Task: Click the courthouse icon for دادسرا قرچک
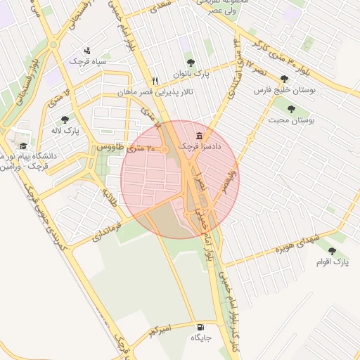(200, 135)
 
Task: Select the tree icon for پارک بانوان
(188, 61)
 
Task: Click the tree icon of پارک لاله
(65, 120)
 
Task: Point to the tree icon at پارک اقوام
(332, 251)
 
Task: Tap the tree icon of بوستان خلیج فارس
(284, 79)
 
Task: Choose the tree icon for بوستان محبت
(291, 109)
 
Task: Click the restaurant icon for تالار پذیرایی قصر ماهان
(155, 81)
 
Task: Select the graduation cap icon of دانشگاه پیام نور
(23, 146)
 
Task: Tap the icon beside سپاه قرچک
(87, 50)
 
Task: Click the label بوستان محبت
(290, 120)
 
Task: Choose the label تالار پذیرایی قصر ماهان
(155, 92)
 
